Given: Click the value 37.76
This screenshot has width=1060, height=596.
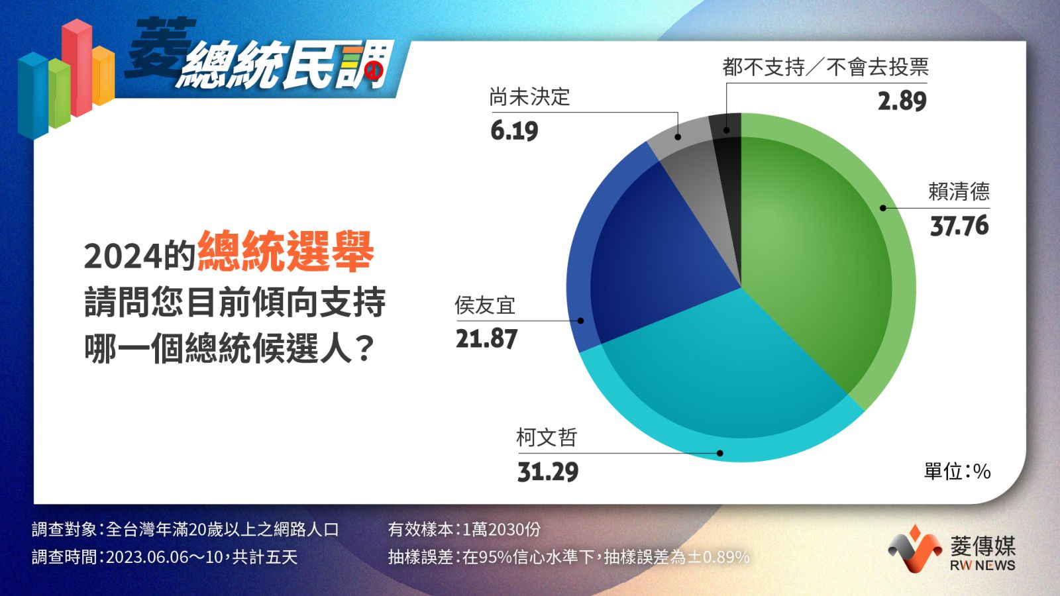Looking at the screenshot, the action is pyautogui.click(x=959, y=226).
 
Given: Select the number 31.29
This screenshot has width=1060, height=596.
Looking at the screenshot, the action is pyautogui.click(x=548, y=472).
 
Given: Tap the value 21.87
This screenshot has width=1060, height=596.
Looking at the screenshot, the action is pyautogui.click(x=486, y=338).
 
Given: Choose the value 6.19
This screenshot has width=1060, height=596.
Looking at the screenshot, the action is pyautogui.click(x=514, y=130).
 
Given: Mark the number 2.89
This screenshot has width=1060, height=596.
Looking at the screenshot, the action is pyautogui.click(x=902, y=101).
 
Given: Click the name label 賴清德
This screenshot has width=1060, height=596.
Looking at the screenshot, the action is pyautogui.click(x=959, y=191).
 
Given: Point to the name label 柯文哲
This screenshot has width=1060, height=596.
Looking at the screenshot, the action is pyautogui.click(x=547, y=438).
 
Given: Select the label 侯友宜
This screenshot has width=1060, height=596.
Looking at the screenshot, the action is pyautogui.click(x=485, y=305).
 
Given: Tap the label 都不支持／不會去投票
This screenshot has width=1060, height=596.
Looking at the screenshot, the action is pyautogui.click(x=825, y=67).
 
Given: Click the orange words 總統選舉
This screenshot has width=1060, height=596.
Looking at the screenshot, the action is pyautogui.click(x=286, y=251).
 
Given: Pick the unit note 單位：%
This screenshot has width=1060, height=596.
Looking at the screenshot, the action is pyautogui.click(x=957, y=472).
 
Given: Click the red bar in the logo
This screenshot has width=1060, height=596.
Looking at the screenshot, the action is pyautogui.click(x=77, y=67).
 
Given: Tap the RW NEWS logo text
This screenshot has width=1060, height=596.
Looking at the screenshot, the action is pyautogui.click(x=982, y=565).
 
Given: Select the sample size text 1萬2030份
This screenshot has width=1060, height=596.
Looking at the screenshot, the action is pyautogui.click(x=501, y=529).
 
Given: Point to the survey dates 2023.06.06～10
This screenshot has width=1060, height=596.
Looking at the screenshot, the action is pyautogui.click(x=164, y=557).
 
